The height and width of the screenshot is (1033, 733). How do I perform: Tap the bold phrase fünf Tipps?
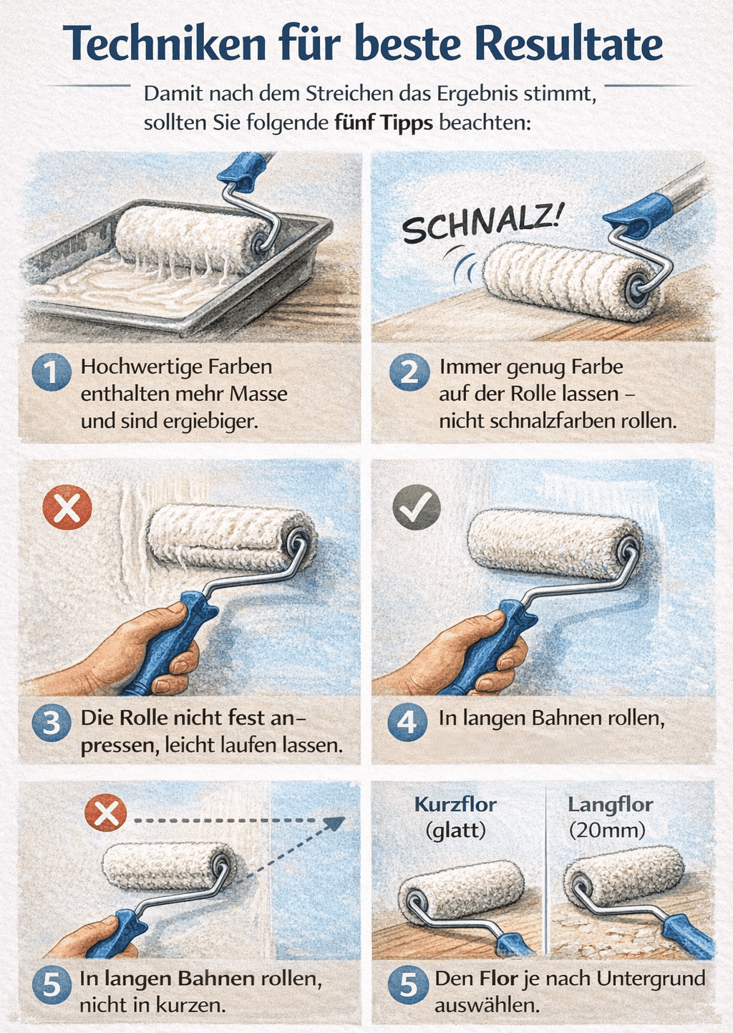[384, 123]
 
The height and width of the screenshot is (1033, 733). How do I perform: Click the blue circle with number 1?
[52, 372]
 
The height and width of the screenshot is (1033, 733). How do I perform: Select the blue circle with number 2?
[409, 372]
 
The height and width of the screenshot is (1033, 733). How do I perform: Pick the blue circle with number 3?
[52, 722]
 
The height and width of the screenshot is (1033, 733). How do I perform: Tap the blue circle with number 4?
[407, 722]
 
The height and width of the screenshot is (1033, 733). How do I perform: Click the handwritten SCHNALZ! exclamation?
[482, 223]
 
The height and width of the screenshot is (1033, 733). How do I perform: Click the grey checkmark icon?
[417, 507]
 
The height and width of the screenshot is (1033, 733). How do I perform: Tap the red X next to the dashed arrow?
[106, 815]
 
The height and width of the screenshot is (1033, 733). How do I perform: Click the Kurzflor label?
[455, 805]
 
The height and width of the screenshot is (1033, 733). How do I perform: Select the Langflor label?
[610, 805]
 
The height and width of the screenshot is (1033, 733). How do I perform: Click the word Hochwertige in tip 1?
[141, 367]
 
